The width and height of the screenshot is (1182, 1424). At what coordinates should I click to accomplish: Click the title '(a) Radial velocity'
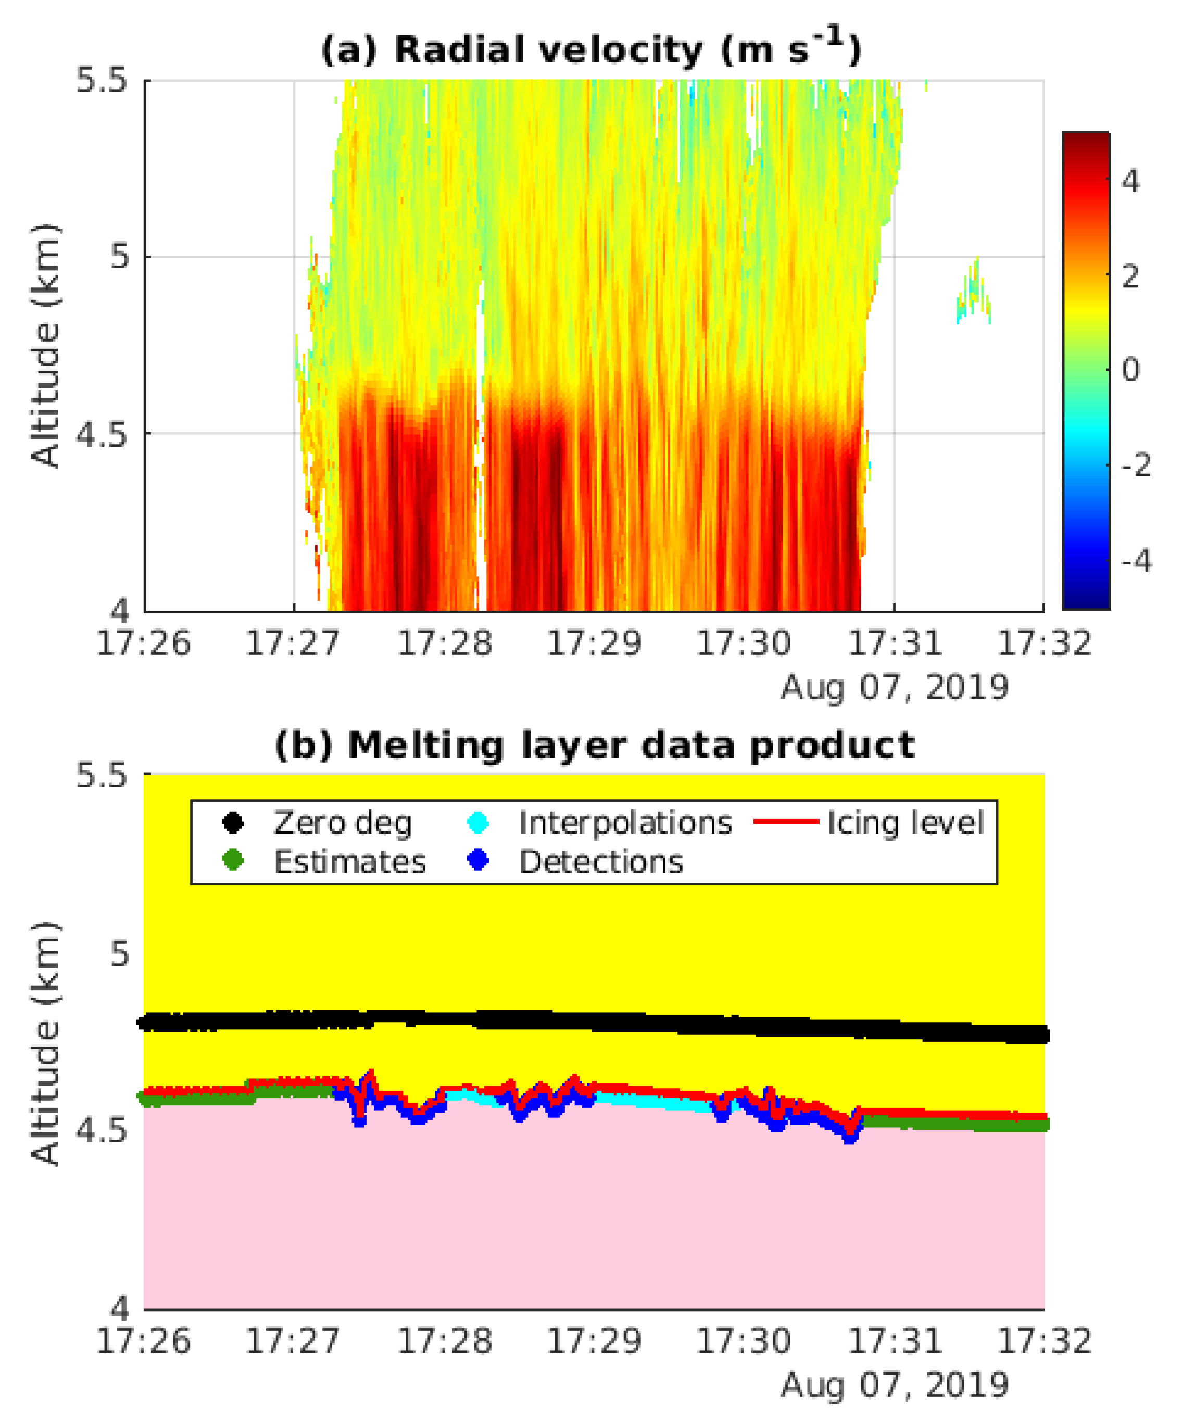coord(590,49)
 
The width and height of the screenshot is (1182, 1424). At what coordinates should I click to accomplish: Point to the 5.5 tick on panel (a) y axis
coord(102,80)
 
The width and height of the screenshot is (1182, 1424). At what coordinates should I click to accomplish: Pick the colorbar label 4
coord(1130,181)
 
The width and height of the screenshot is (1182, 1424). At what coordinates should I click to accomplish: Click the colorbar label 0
coord(1130,370)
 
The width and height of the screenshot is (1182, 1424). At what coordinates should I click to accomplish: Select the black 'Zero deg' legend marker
coord(233,823)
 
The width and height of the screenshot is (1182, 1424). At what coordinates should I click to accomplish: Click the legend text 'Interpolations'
coord(624,823)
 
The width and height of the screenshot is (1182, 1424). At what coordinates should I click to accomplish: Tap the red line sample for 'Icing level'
coord(787,821)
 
